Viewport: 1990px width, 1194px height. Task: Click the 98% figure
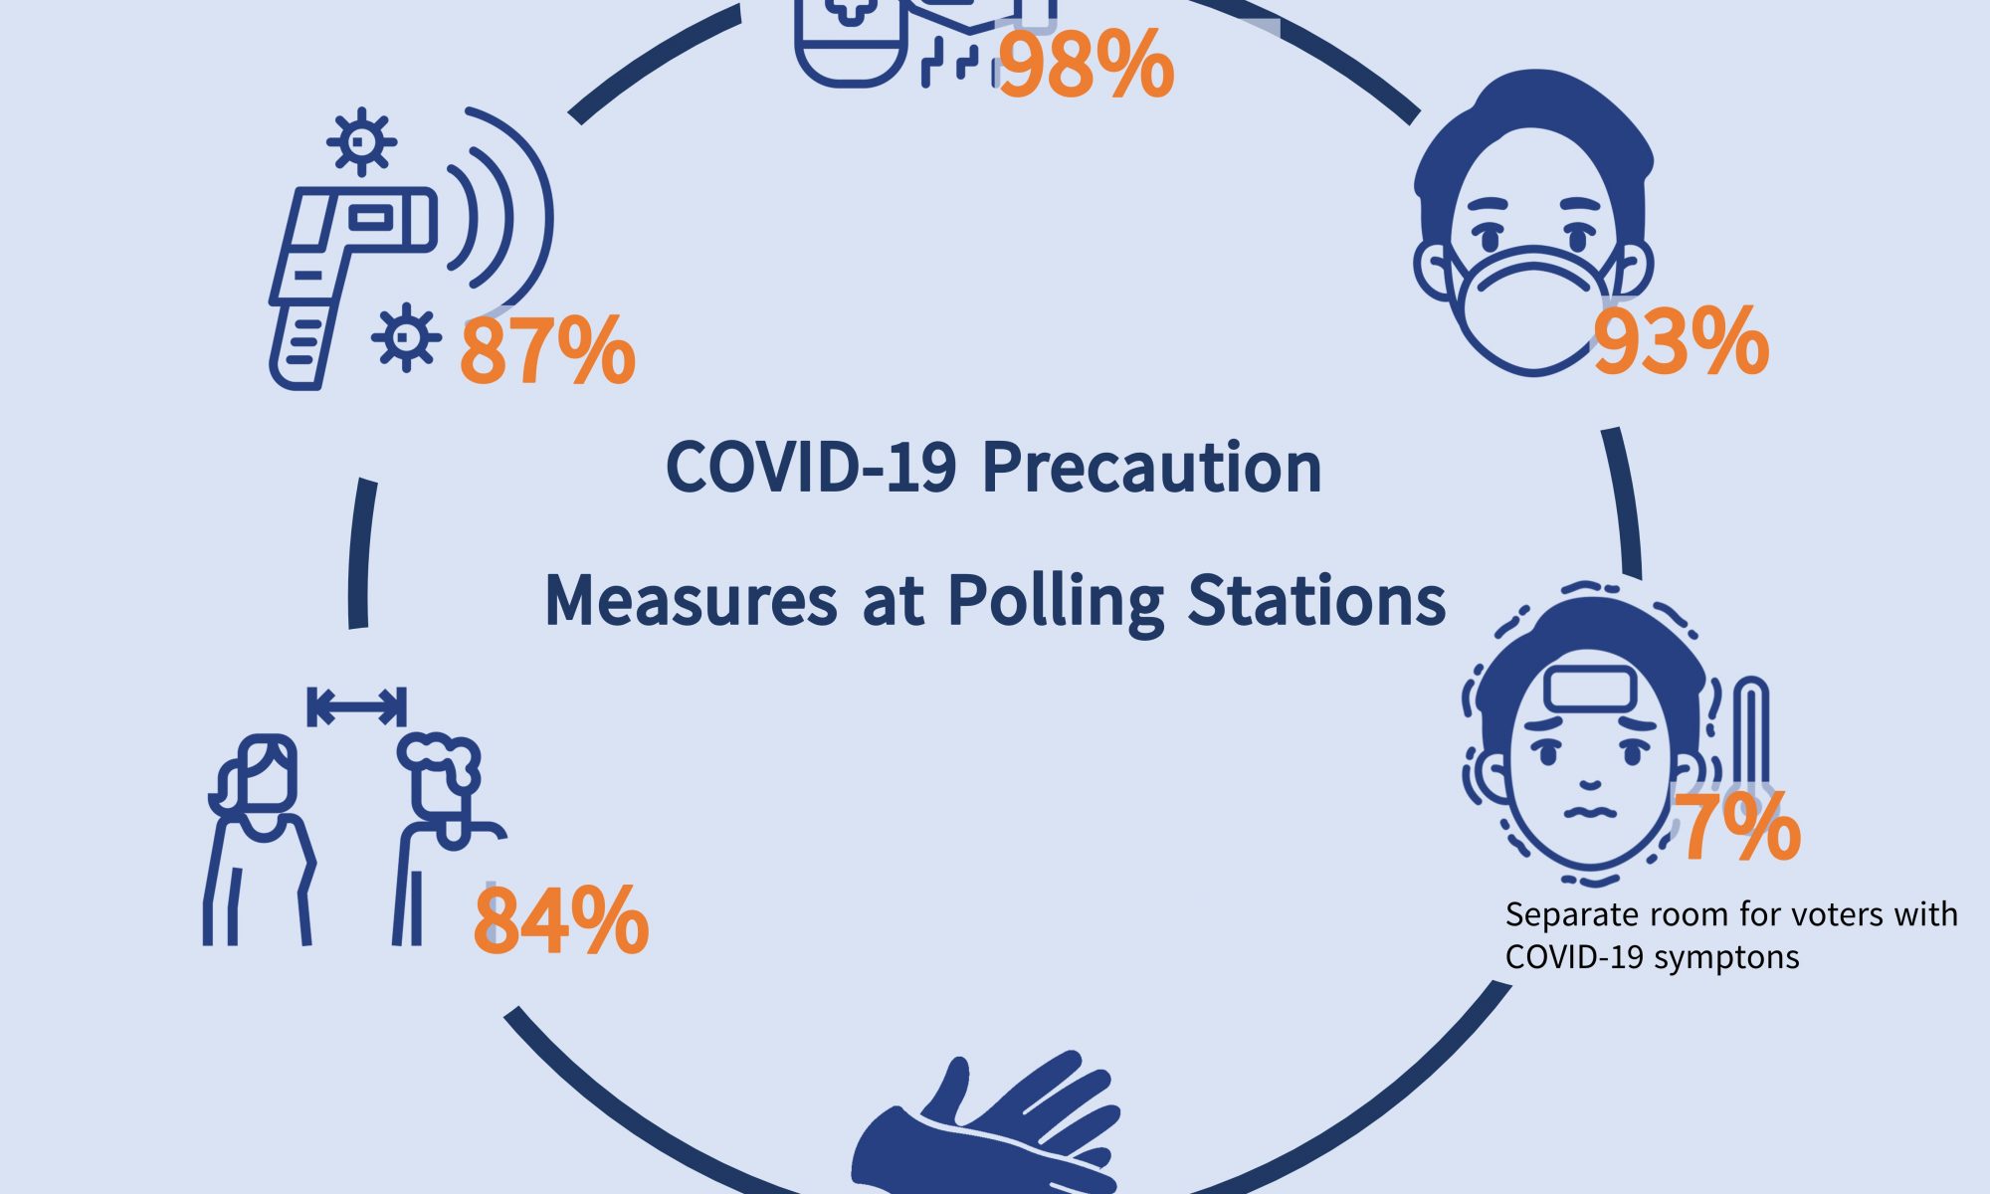(x=1086, y=65)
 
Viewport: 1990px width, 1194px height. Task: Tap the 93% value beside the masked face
(x=1682, y=342)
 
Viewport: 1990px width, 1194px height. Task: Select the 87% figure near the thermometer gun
(x=547, y=350)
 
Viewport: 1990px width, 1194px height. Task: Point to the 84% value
(x=561, y=921)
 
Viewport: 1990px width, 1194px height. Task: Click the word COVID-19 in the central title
(x=811, y=467)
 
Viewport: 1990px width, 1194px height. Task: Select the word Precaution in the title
(x=1152, y=467)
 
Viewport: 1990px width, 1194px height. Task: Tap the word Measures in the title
(x=692, y=601)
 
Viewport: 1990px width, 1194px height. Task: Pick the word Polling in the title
(x=1055, y=603)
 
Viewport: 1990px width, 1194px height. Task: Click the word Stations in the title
(x=1317, y=601)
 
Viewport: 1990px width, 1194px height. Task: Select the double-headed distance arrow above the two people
(x=356, y=707)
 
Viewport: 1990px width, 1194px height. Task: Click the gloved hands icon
(x=985, y=1124)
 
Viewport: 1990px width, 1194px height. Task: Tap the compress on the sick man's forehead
(x=1590, y=690)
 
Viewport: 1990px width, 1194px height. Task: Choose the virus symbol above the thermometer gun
(x=361, y=141)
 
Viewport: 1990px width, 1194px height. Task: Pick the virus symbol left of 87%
(x=406, y=337)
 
